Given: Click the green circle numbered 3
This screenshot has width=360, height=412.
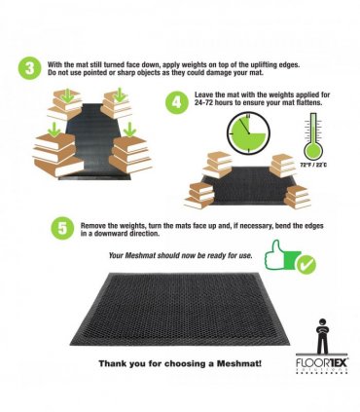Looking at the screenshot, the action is (x=30, y=69).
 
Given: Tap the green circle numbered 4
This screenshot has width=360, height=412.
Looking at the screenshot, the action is (x=177, y=102).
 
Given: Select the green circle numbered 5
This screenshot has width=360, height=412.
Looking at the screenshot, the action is (x=62, y=228).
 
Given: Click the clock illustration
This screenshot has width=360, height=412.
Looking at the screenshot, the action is (x=248, y=133).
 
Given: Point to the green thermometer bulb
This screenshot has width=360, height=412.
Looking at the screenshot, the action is (x=312, y=151).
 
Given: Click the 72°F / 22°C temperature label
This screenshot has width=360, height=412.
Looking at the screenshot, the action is (x=313, y=165).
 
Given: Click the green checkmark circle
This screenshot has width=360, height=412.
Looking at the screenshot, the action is (x=306, y=264).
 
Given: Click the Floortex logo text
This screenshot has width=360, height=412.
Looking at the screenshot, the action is (x=321, y=362).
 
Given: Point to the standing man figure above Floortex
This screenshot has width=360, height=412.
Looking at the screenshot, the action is (x=322, y=337).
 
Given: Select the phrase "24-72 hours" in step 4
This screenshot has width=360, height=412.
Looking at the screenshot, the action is (x=214, y=103).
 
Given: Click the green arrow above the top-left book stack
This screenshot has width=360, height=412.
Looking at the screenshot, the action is (x=68, y=95).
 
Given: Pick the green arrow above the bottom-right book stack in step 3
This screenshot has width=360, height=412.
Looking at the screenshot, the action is (x=129, y=130).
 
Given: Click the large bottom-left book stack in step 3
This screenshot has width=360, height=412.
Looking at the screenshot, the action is (x=57, y=155).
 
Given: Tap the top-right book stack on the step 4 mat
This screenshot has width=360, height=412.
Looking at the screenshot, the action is (x=283, y=166).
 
